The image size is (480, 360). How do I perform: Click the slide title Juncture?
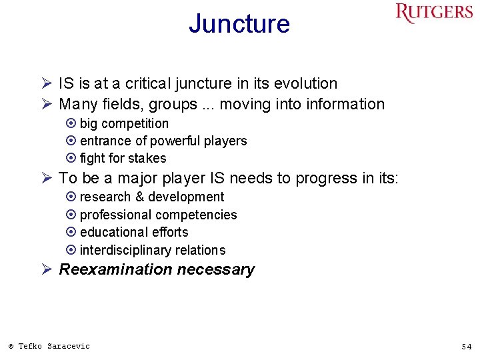click(239, 24)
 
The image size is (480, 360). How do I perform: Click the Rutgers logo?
click(433, 14)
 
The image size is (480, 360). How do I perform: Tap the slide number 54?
click(466, 347)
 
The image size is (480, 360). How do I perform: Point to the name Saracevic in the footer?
click(68, 346)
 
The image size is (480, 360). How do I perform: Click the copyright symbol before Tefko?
click(11, 346)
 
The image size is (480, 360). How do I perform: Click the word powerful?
click(175, 141)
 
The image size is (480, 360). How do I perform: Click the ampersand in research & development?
click(139, 197)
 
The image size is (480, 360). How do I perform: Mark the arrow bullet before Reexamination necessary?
click(47, 269)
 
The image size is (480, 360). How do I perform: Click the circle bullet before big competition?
click(71, 124)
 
